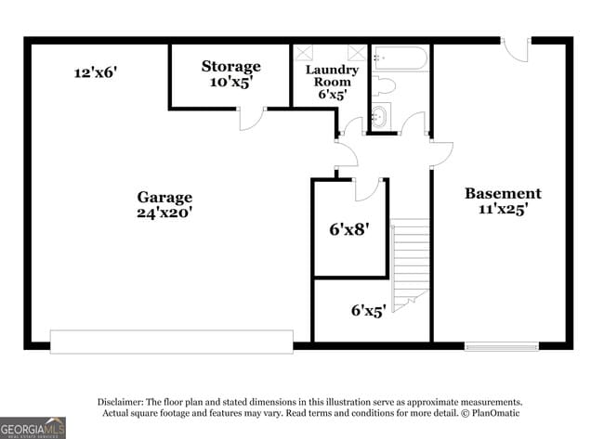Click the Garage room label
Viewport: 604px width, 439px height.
click(x=164, y=197)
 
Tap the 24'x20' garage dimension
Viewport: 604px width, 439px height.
click(x=164, y=212)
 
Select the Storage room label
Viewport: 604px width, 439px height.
click(x=230, y=66)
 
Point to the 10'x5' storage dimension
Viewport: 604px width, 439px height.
click(x=230, y=82)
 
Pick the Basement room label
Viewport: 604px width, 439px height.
click(x=503, y=193)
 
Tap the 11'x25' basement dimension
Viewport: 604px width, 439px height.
click(x=503, y=209)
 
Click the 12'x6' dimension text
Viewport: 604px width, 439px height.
click(x=96, y=71)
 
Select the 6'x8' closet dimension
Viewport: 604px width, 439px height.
click(x=349, y=228)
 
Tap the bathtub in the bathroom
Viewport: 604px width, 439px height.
click(x=400, y=60)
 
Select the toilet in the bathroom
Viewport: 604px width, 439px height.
click(x=383, y=87)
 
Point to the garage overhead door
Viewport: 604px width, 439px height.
click(x=171, y=342)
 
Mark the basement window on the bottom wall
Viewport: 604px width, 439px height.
click(x=501, y=346)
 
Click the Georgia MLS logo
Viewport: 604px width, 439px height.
click(x=33, y=427)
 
